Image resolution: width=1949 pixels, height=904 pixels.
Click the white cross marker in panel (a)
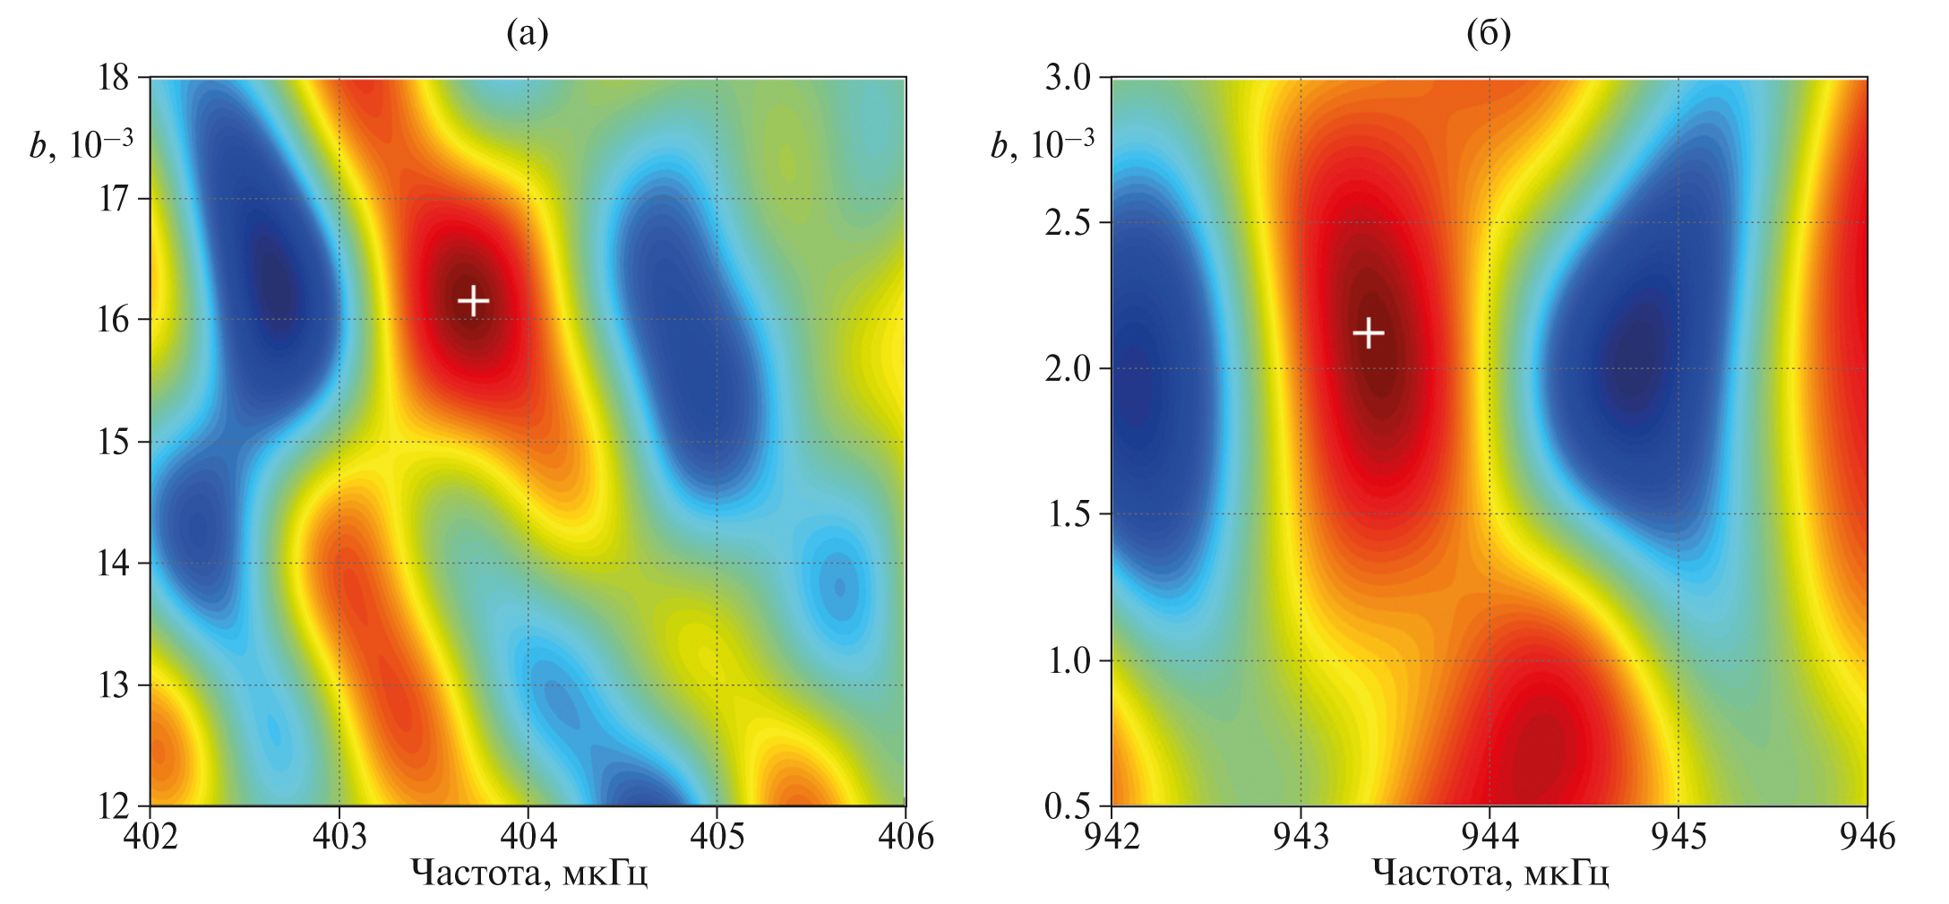click(473, 300)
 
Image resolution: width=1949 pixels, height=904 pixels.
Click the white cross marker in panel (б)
click(1368, 333)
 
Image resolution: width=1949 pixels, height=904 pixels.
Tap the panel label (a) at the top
click(528, 34)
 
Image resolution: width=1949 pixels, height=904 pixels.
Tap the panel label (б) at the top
click(1489, 34)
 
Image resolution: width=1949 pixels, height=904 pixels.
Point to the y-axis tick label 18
click(114, 78)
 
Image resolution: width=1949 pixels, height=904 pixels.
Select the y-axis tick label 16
click(114, 320)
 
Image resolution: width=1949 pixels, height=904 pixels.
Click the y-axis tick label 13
click(114, 685)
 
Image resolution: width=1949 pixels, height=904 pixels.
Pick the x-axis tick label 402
click(150, 836)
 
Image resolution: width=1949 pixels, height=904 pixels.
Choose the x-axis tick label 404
click(528, 836)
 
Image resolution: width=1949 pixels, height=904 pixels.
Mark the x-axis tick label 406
click(906, 836)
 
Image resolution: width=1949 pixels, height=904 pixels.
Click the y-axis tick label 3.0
click(1068, 78)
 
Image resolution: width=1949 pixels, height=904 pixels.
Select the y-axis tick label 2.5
click(1068, 223)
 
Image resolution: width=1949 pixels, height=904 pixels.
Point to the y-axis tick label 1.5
click(1068, 514)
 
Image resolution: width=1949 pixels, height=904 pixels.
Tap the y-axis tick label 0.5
click(1068, 806)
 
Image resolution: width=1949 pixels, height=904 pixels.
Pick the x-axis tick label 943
click(1301, 836)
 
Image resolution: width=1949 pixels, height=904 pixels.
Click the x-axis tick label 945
click(1679, 836)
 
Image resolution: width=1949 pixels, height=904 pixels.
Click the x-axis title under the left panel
click(528, 873)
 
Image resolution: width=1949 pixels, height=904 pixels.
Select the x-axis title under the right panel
click(1490, 873)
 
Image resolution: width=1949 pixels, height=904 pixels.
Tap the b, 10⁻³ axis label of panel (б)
click(1042, 144)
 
